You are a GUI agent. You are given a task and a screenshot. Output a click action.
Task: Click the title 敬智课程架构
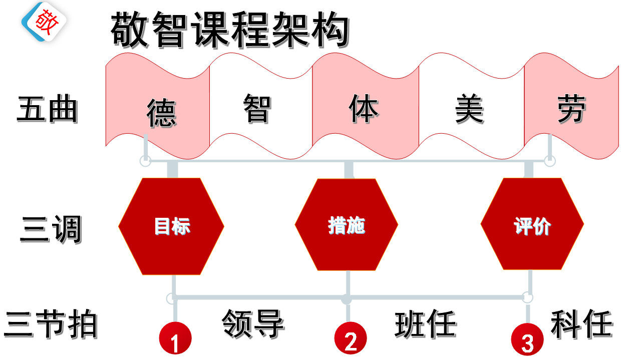coord(229,30)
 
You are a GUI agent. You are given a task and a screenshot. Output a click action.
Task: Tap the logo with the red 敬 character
coord(44,22)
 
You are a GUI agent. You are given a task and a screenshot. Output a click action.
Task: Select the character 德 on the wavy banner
coord(161,112)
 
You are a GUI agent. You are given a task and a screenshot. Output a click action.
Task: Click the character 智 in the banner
coord(257,109)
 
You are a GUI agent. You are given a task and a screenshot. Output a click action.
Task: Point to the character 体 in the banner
coord(364,109)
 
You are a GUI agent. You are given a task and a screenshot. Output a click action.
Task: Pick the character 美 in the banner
coord(469,110)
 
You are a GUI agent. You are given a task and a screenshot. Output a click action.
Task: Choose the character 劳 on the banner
coord(571,109)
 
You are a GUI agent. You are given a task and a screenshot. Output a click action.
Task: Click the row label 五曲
coord(47,110)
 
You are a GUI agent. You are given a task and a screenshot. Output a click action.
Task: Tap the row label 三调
coord(51,230)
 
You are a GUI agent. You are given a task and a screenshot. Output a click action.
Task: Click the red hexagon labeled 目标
coord(171,226)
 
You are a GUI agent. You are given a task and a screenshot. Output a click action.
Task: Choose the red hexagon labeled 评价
coord(532,226)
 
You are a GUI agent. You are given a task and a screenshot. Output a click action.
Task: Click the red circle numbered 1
coord(175,339)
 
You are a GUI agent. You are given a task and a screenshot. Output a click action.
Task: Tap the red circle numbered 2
coord(351,338)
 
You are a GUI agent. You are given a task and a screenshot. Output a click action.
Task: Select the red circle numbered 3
coord(527,340)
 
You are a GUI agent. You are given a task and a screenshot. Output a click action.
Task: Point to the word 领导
coord(253,323)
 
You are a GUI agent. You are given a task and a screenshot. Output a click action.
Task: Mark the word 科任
coord(582,324)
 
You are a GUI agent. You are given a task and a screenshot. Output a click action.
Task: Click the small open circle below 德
coord(145,161)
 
